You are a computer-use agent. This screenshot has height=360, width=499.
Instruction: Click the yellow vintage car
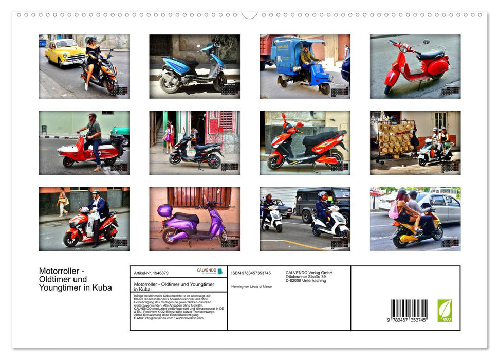(x=64, y=52)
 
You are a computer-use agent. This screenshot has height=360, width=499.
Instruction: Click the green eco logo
(x=445, y=311)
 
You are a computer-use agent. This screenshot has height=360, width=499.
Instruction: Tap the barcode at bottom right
(x=409, y=309)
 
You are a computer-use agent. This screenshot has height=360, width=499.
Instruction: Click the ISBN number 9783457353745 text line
(x=251, y=273)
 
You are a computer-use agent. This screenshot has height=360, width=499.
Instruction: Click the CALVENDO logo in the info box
(x=210, y=271)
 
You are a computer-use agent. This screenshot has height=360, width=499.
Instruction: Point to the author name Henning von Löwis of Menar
(x=252, y=286)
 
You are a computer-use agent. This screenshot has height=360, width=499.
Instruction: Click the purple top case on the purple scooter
(x=165, y=210)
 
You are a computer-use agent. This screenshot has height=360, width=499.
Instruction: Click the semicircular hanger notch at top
(x=249, y=15)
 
